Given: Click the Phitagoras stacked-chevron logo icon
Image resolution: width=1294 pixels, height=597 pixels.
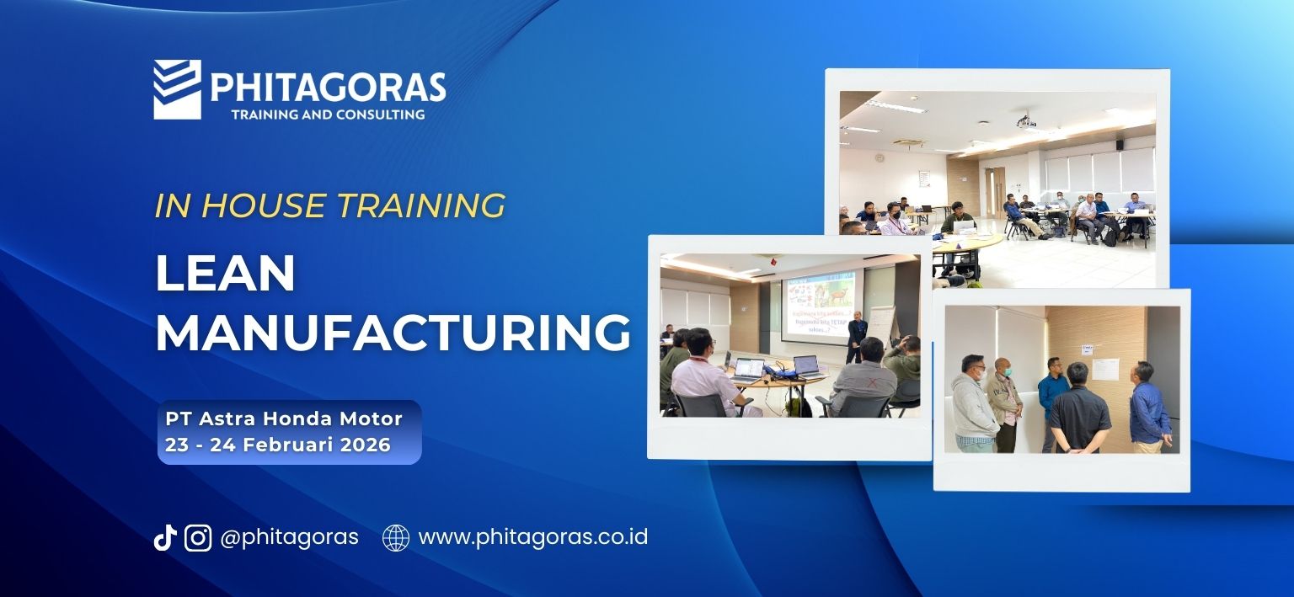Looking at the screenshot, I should tap(177, 88).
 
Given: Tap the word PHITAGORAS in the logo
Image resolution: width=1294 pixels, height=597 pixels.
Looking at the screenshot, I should tap(327, 87).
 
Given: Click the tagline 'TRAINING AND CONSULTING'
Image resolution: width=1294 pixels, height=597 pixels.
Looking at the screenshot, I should tap(327, 114).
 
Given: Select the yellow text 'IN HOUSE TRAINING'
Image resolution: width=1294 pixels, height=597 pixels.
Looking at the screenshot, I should tap(329, 205).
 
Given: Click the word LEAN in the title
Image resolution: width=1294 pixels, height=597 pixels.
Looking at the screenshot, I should tap(225, 274).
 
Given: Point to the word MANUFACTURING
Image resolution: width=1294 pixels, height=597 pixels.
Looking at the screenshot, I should tap(393, 333).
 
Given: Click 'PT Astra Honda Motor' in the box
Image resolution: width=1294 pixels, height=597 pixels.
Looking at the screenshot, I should tap(283, 418).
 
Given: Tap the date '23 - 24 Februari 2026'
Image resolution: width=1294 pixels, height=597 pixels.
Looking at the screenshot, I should tap(278, 445).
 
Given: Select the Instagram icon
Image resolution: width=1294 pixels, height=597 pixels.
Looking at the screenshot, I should tap(198, 537).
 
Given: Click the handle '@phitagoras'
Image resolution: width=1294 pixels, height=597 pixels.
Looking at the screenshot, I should tap(289, 537).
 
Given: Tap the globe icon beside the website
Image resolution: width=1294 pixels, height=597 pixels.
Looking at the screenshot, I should tap(396, 537).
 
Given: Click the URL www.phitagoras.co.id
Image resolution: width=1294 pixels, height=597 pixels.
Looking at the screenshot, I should tap(532, 537).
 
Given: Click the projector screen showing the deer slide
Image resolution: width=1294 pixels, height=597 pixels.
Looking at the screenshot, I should tap(817, 303).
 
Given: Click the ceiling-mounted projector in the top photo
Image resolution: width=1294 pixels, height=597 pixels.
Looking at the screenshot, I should tap(1025, 121).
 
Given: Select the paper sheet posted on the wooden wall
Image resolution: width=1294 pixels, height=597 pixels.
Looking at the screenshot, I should tap(1104, 368).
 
